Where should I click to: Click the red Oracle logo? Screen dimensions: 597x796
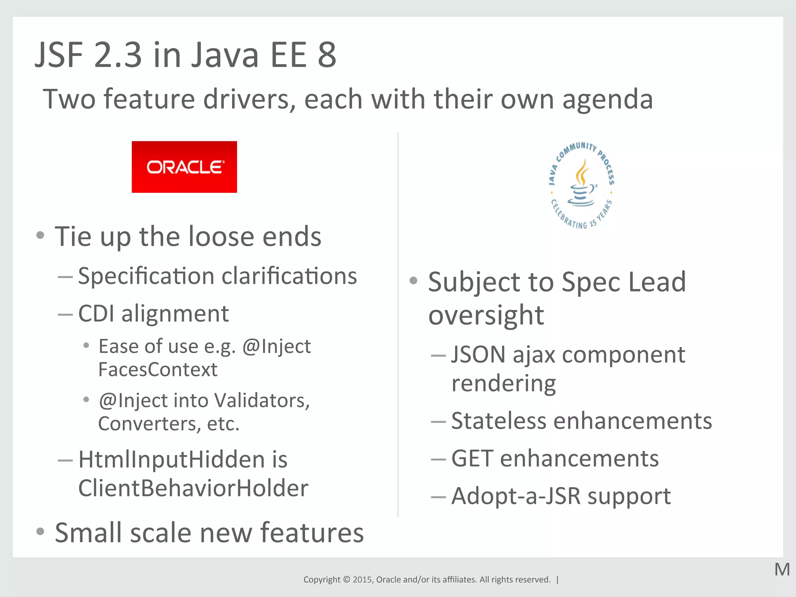tap(184, 167)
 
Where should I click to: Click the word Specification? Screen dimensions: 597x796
tap(146, 277)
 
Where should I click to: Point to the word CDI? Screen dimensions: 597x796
tap(96, 313)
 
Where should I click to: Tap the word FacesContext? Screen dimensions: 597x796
tap(158, 369)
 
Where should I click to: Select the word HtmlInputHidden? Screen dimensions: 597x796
tap(172, 459)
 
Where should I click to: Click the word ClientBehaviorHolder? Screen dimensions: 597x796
tap(193, 488)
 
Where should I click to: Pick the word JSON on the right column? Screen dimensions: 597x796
tap(478, 354)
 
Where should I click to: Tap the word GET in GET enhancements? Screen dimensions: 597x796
tap(472, 459)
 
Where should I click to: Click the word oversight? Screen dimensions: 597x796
tap(486, 315)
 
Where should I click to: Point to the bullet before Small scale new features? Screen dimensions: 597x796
tap(40, 531)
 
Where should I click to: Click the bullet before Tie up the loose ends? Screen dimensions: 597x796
tap(40, 235)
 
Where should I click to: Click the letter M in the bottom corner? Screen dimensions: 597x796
tap(782, 570)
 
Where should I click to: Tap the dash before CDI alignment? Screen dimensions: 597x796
tap(65, 314)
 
